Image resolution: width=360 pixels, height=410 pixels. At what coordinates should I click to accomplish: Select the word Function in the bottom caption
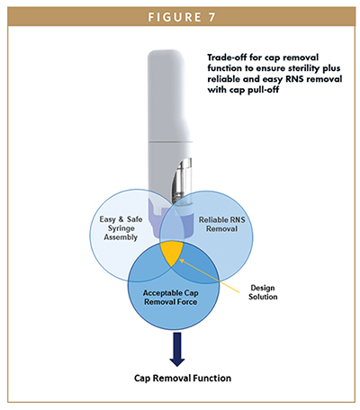[x=208, y=379]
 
